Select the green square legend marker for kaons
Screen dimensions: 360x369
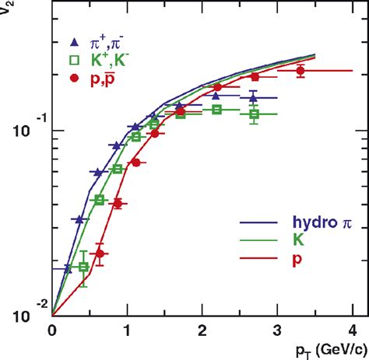(73, 61)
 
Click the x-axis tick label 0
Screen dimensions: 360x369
(52, 330)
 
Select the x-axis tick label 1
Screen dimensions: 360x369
(127, 330)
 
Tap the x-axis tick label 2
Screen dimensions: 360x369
(202, 330)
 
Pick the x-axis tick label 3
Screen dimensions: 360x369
(278, 330)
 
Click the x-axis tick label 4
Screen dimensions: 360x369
(353, 330)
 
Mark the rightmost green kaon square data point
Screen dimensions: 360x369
(255, 114)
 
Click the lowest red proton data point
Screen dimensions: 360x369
(100, 253)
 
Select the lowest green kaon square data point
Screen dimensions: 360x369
(84, 267)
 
